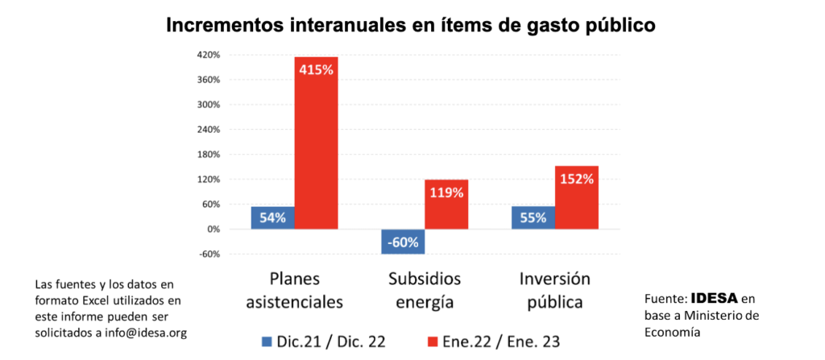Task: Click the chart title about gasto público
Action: click(411, 25)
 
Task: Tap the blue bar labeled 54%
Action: click(272, 217)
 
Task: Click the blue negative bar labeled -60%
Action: click(403, 242)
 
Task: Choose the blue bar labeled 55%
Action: click(533, 217)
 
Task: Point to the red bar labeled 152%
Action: click(577, 197)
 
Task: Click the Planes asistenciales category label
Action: click(294, 291)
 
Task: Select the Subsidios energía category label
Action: click(425, 291)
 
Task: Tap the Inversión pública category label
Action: click(555, 291)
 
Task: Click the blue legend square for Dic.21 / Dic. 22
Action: click(267, 341)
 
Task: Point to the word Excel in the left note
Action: click(96, 300)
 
